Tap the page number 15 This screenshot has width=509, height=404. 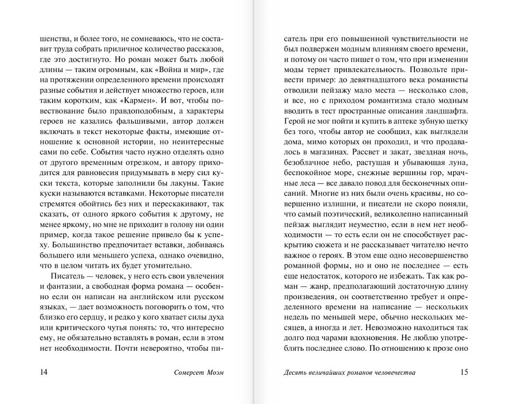click(x=464, y=372)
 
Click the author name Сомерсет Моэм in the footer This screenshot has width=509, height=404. click(x=202, y=373)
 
